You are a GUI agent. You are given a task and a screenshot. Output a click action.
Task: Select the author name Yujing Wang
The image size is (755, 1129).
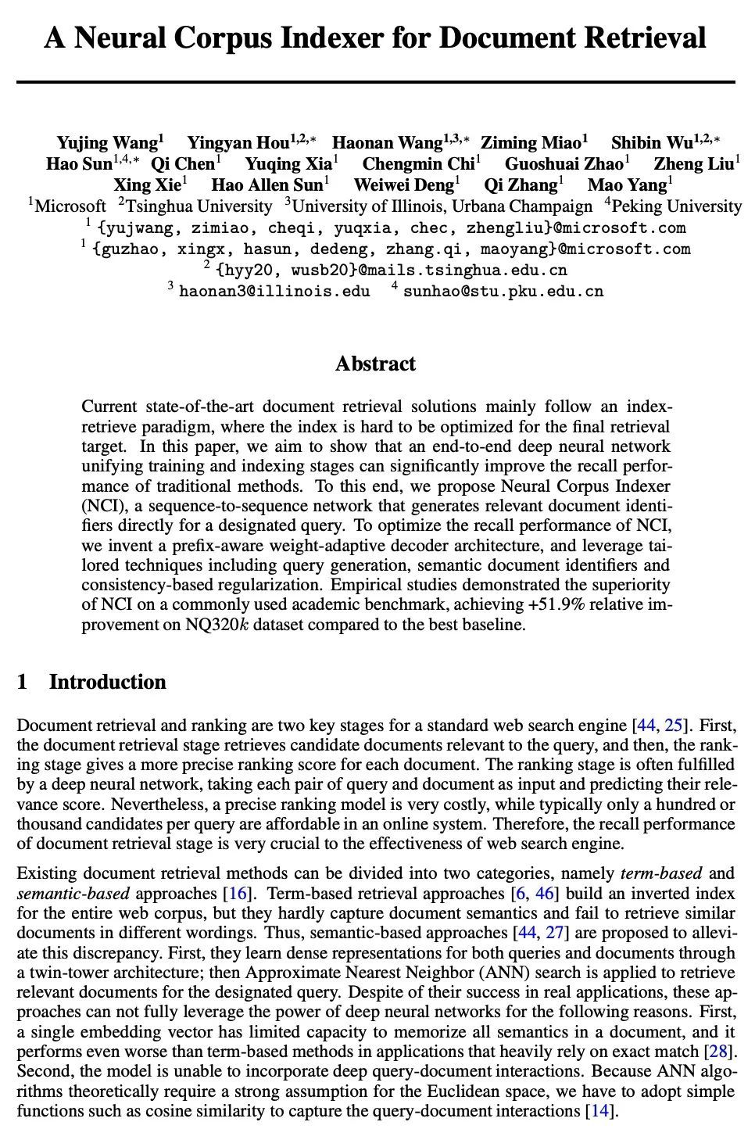pyautogui.click(x=107, y=142)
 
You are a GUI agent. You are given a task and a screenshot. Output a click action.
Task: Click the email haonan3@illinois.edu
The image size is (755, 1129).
pyautogui.click(x=274, y=291)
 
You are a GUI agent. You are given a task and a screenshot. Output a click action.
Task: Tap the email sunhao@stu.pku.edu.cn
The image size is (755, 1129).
pyautogui.click(x=503, y=291)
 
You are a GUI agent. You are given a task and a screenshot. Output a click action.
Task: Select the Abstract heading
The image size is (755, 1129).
pyautogui.click(x=375, y=364)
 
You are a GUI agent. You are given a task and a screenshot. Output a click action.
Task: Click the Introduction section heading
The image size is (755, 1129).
pyautogui.click(x=107, y=682)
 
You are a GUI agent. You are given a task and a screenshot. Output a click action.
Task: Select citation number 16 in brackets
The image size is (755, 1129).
pyautogui.click(x=235, y=894)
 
